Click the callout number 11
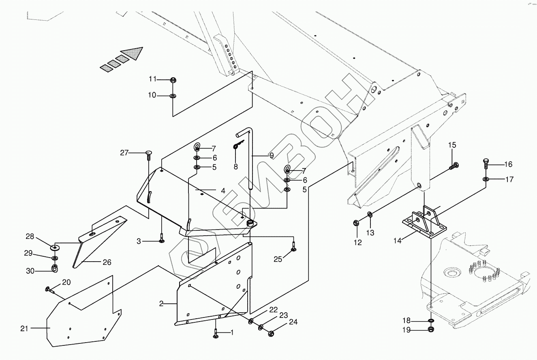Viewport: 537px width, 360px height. [x=152, y=79]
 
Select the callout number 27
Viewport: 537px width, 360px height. [x=124, y=153]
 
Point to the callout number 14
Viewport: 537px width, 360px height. [x=397, y=241]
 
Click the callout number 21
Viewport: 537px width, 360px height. [x=24, y=328]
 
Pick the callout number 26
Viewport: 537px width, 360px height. [x=107, y=262]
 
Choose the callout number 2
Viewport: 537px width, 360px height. [x=161, y=304]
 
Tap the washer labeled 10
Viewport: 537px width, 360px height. [x=173, y=96]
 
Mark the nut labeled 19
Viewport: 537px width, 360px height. [x=430, y=330]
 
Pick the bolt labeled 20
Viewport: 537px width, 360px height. [x=49, y=289]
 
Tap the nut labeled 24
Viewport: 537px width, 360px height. [x=271, y=334]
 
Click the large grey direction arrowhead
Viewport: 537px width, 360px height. [x=133, y=54]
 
